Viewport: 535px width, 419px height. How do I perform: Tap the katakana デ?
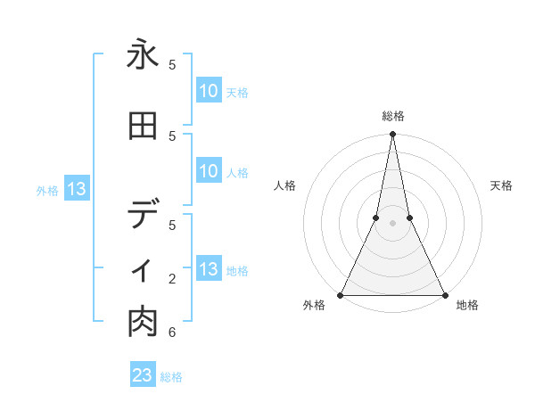(x=143, y=215)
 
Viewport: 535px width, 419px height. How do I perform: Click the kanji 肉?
(x=143, y=323)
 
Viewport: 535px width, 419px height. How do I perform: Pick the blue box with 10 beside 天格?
(x=209, y=90)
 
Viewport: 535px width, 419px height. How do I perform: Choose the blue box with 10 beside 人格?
(x=209, y=171)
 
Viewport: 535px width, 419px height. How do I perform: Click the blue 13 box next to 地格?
(x=209, y=269)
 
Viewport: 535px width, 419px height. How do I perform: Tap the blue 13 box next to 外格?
(x=75, y=189)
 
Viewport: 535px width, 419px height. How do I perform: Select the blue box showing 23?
(x=143, y=375)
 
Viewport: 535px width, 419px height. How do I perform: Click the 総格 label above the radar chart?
(x=392, y=116)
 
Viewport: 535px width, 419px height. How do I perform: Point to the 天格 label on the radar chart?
(x=502, y=185)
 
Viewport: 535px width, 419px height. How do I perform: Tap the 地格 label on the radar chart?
(x=467, y=306)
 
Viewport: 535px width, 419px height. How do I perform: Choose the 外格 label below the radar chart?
(x=314, y=306)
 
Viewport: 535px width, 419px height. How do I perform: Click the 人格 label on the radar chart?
(x=284, y=185)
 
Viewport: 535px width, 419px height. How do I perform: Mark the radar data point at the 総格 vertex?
(x=392, y=135)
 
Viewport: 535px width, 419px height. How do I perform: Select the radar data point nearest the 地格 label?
(x=444, y=294)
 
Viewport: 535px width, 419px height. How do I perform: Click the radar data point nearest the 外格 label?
(x=341, y=294)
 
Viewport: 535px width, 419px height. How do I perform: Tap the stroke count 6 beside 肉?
(x=171, y=333)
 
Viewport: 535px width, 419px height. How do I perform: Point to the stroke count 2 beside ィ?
(x=171, y=279)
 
